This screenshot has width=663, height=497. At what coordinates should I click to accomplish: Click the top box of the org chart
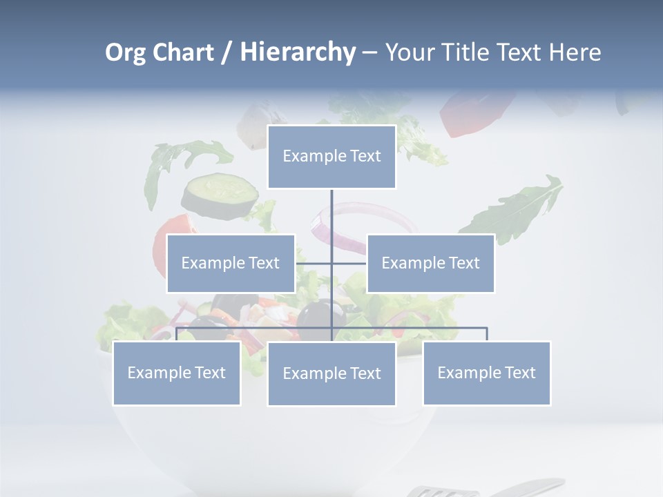pyautogui.click(x=331, y=157)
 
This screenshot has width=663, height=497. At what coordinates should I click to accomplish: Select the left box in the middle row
pyautogui.click(x=231, y=263)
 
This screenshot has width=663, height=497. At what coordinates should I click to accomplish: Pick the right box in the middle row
pyautogui.click(x=431, y=263)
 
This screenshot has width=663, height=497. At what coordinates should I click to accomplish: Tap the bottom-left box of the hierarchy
pyautogui.click(x=177, y=373)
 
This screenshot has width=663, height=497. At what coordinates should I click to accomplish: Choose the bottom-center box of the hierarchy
pyautogui.click(x=331, y=373)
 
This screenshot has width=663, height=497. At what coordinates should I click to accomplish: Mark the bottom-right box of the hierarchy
pyautogui.click(x=487, y=373)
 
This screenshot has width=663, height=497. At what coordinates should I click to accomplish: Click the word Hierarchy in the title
pyautogui.click(x=298, y=52)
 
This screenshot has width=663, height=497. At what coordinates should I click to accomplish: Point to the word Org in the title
pyautogui.click(x=125, y=52)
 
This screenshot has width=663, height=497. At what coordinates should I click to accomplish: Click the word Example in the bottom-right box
pyautogui.click(x=462, y=373)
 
